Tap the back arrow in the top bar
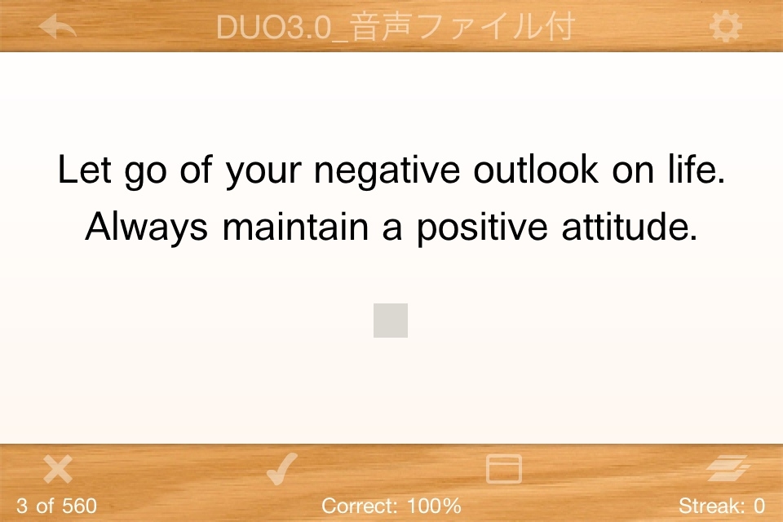point(57,26)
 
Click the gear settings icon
point(726,26)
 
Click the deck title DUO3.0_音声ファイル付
point(396,26)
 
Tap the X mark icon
point(58,469)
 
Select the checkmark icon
point(282,469)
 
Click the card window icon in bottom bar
point(504,469)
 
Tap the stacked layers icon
point(728,468)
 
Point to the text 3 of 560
point(56,506)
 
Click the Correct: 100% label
point(391,506)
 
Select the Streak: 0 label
point(722,506)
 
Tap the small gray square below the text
point(391,321)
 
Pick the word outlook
point(536,170)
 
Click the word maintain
point(295,227)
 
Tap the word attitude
point(629,227)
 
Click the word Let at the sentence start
point(84,170)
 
